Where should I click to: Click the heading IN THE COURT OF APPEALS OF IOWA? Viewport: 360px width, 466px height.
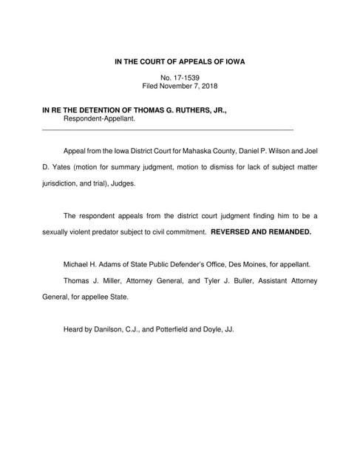tap(180, 62)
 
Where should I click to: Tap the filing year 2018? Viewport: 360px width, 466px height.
tap(216, 87)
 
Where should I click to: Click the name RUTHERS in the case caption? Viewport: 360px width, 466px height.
tap(189, 109)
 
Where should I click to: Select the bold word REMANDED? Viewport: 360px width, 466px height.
tap(288, 232)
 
